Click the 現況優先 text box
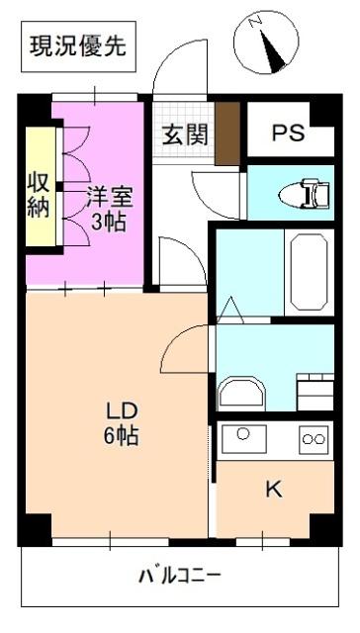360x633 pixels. pyautogui.click(x=76, y=46)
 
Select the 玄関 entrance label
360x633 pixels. pyautogui.click(x=185, y=134)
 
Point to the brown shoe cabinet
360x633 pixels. pyautogui.click(x=227, y=130)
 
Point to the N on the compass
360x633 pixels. pyautogui.click(x=254, y=19)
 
